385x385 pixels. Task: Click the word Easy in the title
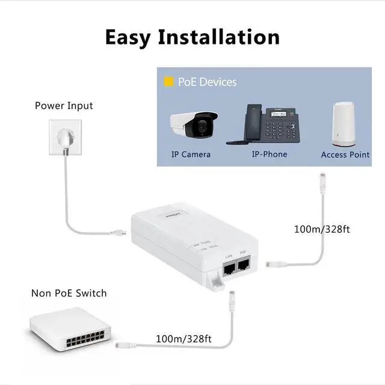(x=128, y=37)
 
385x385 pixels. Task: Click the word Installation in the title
(x=218, y=37)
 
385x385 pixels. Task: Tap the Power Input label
(x=64, y=106)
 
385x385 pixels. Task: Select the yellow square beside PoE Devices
(x=169, y=82)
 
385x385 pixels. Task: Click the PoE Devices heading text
(x=208, y=82)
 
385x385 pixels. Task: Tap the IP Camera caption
(x=191, y=155)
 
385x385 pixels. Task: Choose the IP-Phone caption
(x=269, y=155)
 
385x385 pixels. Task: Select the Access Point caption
(x=345, y=155)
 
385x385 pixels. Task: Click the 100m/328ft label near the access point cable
(x=322, y=229)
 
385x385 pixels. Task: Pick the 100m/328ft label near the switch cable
(x=183, y=339)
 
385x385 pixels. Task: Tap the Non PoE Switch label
(x=69, y=294)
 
